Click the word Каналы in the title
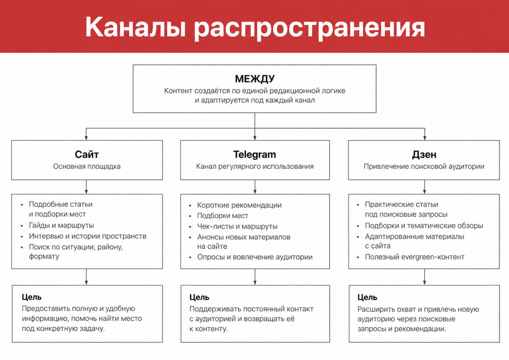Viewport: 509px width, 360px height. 136,27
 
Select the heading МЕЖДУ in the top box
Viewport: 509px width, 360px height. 255,79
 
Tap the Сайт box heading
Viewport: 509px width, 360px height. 87,154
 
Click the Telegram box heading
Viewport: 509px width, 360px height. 255,154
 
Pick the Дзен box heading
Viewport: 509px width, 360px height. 424,155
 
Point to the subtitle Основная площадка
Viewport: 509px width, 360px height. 87,166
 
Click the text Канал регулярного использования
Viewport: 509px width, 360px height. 255,166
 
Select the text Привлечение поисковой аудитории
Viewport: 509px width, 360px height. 424,166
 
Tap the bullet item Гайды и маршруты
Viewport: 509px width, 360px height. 61,225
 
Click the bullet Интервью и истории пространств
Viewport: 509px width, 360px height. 88,236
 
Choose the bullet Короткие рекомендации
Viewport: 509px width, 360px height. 239,205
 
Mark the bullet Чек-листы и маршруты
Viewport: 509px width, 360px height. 238,227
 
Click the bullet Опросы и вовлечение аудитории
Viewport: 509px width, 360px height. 255,257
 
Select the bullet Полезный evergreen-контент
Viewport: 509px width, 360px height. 415,257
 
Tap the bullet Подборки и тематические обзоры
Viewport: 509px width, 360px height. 424,225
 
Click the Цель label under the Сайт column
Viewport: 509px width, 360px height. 32,297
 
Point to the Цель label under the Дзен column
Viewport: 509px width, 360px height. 367,297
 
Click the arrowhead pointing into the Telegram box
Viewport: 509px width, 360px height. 255,137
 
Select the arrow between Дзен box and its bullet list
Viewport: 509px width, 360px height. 424,187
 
